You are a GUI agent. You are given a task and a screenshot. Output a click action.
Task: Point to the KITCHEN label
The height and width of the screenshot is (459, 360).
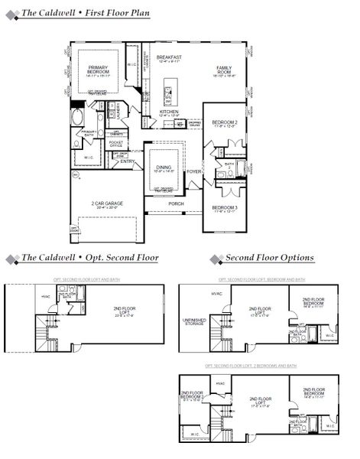[169, 112]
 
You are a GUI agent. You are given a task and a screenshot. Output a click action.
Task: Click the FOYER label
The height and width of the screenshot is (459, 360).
[194, 171]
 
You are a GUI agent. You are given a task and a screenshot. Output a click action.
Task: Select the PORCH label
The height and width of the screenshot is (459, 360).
[176, 203]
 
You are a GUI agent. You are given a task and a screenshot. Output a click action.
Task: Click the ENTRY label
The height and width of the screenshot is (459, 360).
[127, 161]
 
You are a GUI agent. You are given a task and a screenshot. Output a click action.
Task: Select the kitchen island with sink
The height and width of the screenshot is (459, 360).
[169, 94]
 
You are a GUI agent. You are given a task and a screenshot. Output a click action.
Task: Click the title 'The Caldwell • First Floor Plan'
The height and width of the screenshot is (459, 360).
[84, 13]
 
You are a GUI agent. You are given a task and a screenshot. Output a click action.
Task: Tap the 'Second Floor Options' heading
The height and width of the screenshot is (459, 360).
[270, 258]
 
